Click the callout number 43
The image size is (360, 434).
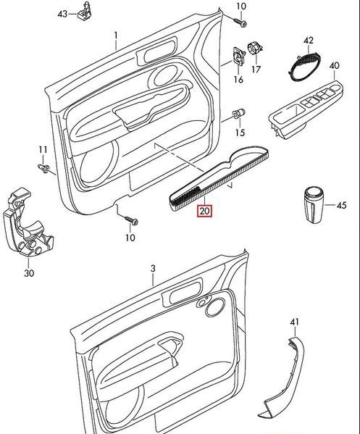(62, 14)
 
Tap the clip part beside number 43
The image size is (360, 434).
(84, 12)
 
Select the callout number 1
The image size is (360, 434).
(114, 34)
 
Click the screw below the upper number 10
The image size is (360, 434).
(236, 22)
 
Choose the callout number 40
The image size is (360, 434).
(333, 67)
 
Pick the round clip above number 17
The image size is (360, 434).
(254, 50)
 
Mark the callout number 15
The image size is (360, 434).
(240, 133)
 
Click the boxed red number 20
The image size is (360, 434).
(204, 212)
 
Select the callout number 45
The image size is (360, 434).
(341, 205)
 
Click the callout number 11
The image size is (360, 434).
(42, 150)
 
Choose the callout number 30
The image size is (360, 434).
(28, 274)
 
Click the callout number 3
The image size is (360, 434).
(153, 269)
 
